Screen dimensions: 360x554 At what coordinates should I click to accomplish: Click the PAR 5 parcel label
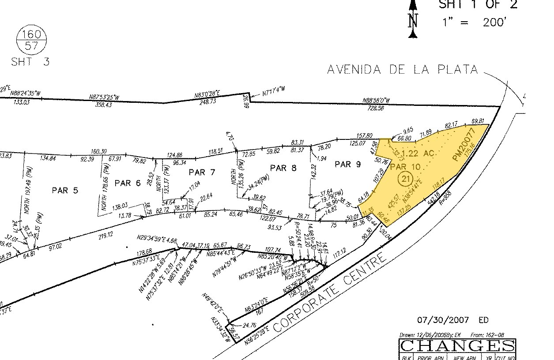[x=65, y=190]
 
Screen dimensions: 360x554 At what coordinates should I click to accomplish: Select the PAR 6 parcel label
[x=128, y=183]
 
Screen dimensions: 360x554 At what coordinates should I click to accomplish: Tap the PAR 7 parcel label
[x=202, y=172]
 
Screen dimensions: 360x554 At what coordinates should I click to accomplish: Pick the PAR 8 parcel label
[x=283, y=167]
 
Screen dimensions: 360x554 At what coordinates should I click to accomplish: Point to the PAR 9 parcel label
[x=348, y=164]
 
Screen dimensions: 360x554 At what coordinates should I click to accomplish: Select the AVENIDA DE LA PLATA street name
[x=402, y=70]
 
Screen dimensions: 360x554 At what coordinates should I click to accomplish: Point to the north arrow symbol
[x=413, y=19]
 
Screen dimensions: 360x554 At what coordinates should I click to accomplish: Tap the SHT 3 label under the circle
[x=30, y=62]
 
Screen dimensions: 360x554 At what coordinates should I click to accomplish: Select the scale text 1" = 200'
[x=473, y=22]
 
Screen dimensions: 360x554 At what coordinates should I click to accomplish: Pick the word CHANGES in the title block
[x=457, y=345]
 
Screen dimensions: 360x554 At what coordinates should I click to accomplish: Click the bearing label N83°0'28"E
[x=207, y=94]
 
